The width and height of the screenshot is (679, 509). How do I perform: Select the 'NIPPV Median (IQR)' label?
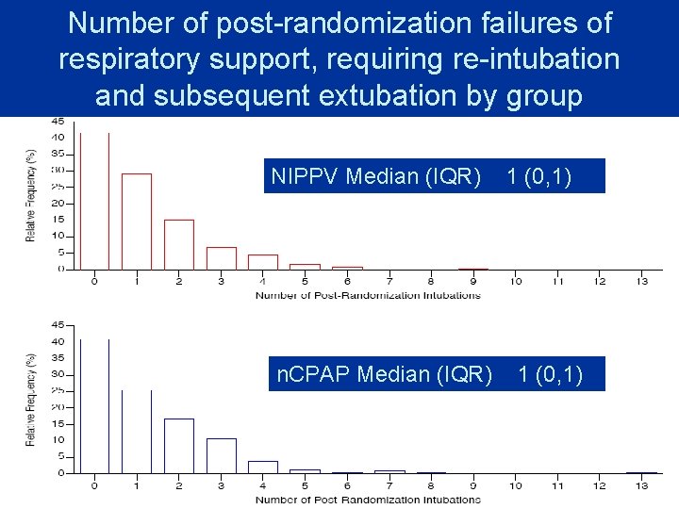pos(375,176)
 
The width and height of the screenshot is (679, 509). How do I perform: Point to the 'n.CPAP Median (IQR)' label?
pos(384,375)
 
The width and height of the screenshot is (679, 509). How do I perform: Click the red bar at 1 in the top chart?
pos(137,222)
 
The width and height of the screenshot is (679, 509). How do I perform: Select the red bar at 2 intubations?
pos(179,244)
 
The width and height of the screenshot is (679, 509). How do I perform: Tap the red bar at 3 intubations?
pos(221,258)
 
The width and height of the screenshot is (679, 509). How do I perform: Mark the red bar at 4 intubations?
pos(263,262)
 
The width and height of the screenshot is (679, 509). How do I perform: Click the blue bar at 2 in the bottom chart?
pos(179,446)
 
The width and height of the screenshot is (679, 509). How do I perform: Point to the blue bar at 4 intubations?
pos(263,467)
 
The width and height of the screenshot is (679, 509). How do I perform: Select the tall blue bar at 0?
pos(94,405)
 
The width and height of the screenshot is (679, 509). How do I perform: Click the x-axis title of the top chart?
pos(368,295)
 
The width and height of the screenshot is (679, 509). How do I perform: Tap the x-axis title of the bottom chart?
pos(368,500)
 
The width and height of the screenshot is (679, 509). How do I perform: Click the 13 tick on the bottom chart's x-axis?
pos(642,485)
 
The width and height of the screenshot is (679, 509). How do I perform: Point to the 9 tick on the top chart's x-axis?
pos(473,281)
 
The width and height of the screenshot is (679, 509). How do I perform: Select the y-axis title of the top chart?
pos(31,194)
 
